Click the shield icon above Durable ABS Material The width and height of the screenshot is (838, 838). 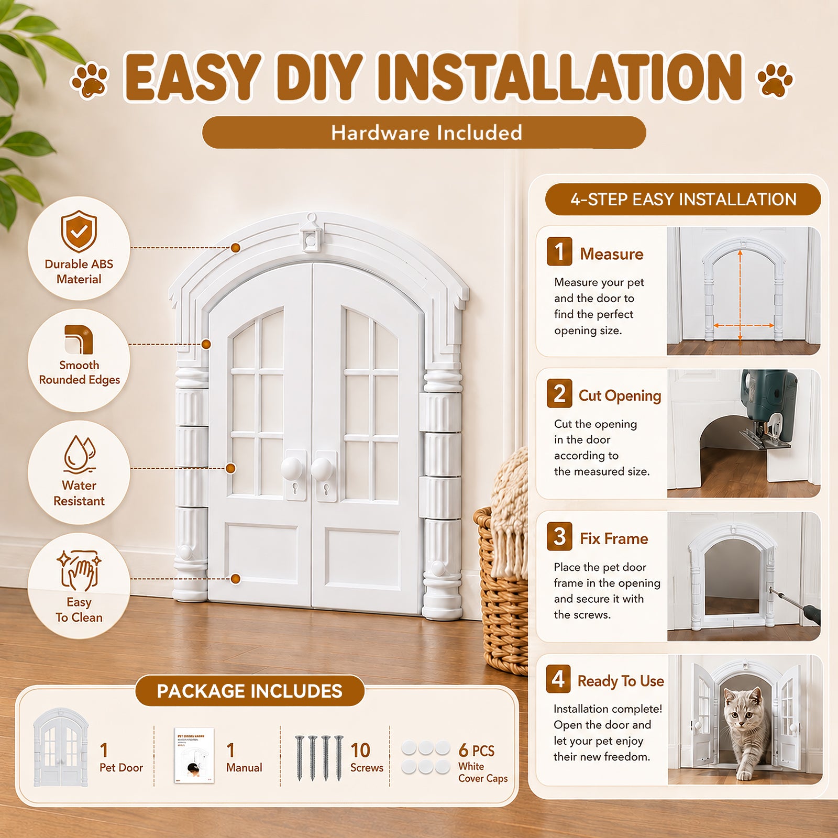(x=79, y=231)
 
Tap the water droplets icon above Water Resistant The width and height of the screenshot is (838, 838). (x=80, y=454)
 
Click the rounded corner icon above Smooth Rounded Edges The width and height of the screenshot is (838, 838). (x=79, y=339)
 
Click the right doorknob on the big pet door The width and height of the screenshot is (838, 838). (x=322, y=468)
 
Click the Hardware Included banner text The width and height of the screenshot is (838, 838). (x=426, y=133)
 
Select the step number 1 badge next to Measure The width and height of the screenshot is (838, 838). (x=559, y=251)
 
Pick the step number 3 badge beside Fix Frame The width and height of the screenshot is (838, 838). (x=559, y=536)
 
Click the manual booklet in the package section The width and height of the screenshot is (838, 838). (x=194, y=755)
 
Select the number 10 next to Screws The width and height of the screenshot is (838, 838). (x=360, y=751)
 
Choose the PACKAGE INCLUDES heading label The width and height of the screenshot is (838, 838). (x=249, y=691)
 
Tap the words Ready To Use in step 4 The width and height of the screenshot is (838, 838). (x=621, y=681)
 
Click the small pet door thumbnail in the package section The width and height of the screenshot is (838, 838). (x=61, y=747)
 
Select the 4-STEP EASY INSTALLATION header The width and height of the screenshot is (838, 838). (x=683, y=200)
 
